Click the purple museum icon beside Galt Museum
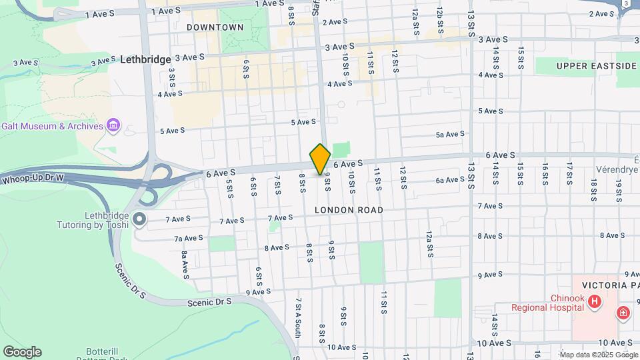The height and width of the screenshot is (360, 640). [113, 125]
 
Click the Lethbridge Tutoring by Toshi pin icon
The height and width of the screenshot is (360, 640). [139, 219]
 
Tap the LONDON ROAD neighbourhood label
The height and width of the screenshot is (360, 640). [349, 210]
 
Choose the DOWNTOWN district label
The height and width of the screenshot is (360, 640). [215, 27]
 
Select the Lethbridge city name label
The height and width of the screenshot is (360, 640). [146, 59]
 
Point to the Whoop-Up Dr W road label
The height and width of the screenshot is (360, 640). [32, 179]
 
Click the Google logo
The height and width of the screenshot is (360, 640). [22, 352]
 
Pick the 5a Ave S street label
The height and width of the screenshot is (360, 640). [449, 134]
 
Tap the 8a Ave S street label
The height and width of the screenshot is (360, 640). [185, 265]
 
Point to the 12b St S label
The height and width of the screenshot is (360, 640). [440, 21]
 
